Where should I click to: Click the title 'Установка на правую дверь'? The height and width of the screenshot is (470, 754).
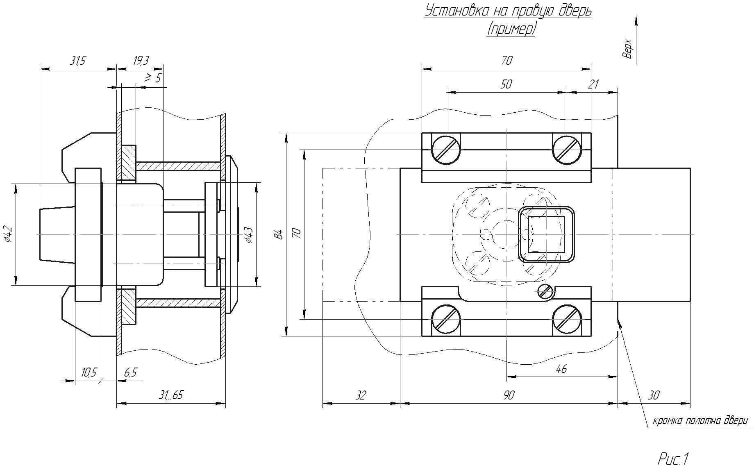[x=508, y=11]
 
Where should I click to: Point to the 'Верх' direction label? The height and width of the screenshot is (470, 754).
[x=628, y=49]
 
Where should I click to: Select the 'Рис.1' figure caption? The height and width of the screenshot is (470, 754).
[x=674, y=459]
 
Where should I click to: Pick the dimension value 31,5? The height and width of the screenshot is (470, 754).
[x=77, y=61]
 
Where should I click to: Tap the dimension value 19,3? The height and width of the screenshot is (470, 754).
[x=141, y=61]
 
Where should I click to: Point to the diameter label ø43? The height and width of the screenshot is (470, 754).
[x=249, y=234]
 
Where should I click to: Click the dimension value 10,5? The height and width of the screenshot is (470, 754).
[x=89, y=372]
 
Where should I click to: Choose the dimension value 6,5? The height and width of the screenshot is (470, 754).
[x=130, y=372]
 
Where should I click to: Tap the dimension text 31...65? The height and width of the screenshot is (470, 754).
[x=171, y=395]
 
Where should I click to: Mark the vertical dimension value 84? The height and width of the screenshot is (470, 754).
[x=279, y=234]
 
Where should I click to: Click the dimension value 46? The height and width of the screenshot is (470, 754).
[x=561, y=369]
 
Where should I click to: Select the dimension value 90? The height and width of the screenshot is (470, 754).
[x=508, y=395]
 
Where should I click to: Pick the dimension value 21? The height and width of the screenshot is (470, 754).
[x=593, y=84]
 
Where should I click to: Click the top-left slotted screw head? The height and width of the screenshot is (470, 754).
[x=445, y=149]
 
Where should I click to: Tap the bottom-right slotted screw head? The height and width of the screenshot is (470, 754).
[x=567, y=319]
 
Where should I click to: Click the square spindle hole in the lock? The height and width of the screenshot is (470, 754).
[x=546, y=234]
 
